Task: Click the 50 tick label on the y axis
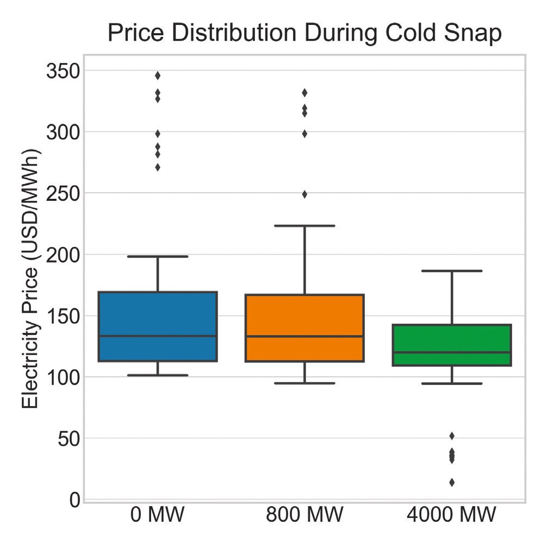pyautogui.click(x=70, y=438)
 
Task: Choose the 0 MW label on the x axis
pyautogui.click(x=158, y=514)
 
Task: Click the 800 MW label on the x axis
pyautogui.click(x=304, y=514)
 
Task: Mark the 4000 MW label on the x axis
pyautogui.click(x=451, y=514)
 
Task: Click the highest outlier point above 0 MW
pyautogui.click(x=158, y=75)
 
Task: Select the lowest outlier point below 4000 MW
pyautogui.click(x=452, y=482)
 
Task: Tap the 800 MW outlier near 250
pyautogui.click(x=304, y=194)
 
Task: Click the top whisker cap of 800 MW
pyautogui.click(x=304, y=225)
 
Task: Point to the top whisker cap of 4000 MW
pyautogui.click(x=452, y=270)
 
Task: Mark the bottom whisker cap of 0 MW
pyautogui.click(x=158, y=375)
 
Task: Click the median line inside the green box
pyautogui.click(x=452, y=352)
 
